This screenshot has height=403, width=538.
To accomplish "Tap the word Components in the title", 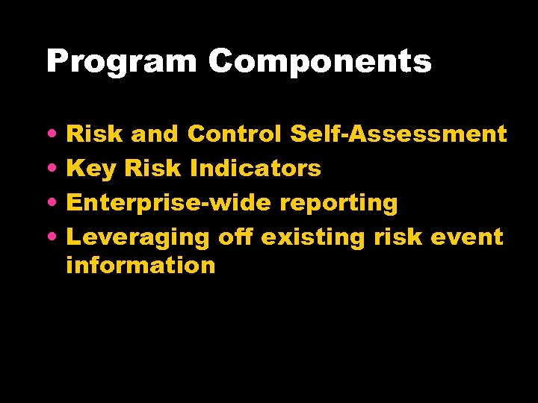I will tap(320, 61).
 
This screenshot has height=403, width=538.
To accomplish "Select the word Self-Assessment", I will tap(398, 134).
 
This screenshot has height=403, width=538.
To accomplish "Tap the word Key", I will tap(92, 169).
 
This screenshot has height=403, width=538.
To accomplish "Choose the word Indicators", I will tap(256, 169).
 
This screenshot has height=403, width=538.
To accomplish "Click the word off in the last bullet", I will tap(235, 237).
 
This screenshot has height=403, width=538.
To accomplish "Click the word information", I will tap(140, 265).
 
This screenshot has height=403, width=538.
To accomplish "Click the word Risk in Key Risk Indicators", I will tap(153, 169).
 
